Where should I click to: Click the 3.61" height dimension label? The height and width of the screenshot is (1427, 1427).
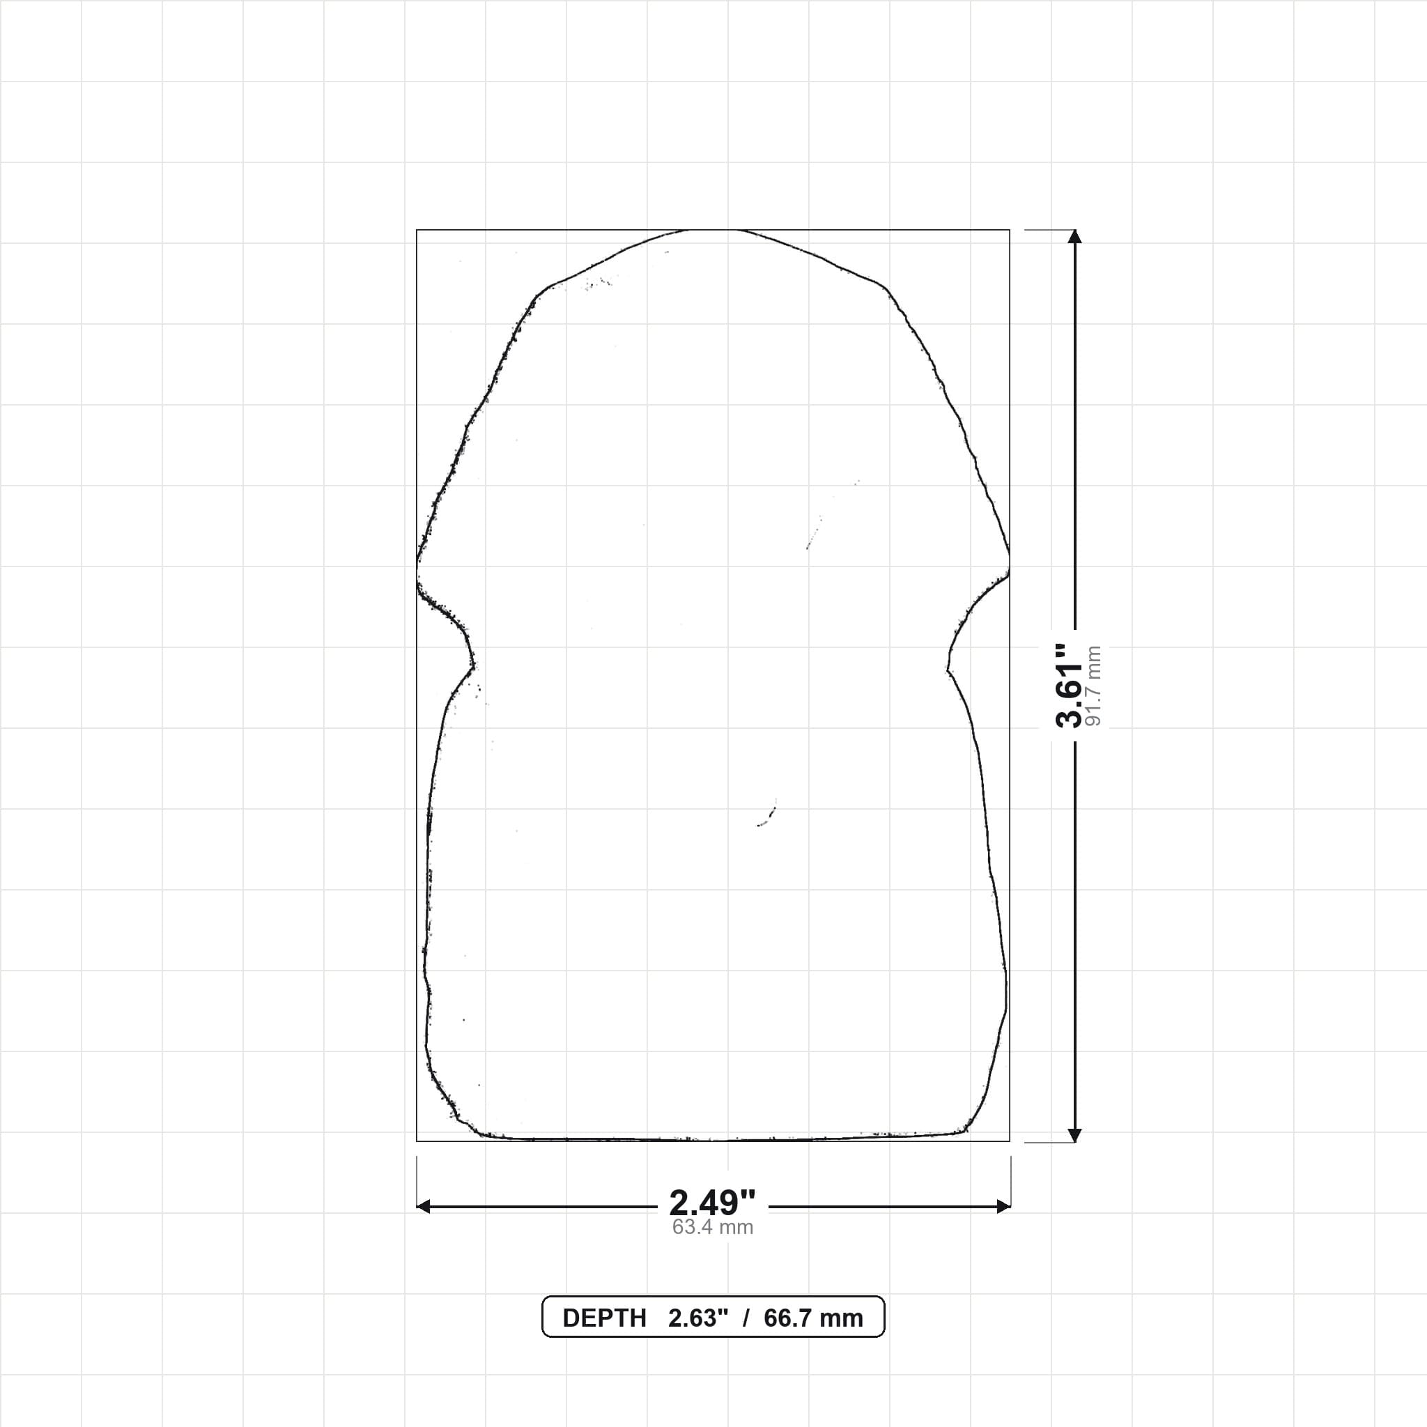coord(1069,686)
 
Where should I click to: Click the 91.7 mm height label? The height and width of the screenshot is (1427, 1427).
coord(1095,686)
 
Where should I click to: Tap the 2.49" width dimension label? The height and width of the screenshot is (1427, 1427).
coord(713,1203)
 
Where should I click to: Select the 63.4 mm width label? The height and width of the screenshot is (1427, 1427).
coord(713,1227)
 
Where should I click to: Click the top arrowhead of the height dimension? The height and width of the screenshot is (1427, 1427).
coord(1074,236)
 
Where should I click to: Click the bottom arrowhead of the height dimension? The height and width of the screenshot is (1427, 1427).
coord(1074,1135)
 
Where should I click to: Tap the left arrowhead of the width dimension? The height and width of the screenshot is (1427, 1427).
coord(423,1207)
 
